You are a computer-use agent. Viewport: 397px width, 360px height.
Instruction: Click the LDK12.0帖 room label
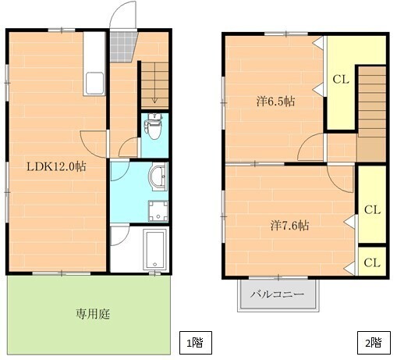56,166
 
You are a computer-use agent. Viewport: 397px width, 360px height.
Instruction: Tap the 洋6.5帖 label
275,102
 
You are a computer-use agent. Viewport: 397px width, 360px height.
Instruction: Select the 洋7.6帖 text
289,225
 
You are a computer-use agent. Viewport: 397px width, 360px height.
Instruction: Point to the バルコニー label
277,294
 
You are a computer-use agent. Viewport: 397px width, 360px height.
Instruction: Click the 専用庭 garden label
93,314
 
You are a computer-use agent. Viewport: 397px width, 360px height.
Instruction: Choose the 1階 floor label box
196,343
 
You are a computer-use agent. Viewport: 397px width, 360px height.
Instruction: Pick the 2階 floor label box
374,343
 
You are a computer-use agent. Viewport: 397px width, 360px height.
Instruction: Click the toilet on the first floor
154,127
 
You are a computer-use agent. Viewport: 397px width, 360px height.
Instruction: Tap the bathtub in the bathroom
155,250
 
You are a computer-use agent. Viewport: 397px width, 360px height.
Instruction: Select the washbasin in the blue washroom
158,176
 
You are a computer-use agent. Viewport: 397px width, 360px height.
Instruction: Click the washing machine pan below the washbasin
158,211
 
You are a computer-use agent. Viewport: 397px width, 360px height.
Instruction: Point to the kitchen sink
94,84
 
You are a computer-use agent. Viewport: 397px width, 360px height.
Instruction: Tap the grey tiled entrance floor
122,47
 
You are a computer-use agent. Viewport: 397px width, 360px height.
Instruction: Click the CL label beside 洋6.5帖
341,80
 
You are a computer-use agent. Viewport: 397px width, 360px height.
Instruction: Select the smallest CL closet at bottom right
372,261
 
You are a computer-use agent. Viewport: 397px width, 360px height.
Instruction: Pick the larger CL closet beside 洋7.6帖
372,205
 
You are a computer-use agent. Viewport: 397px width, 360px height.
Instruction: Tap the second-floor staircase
372,114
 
